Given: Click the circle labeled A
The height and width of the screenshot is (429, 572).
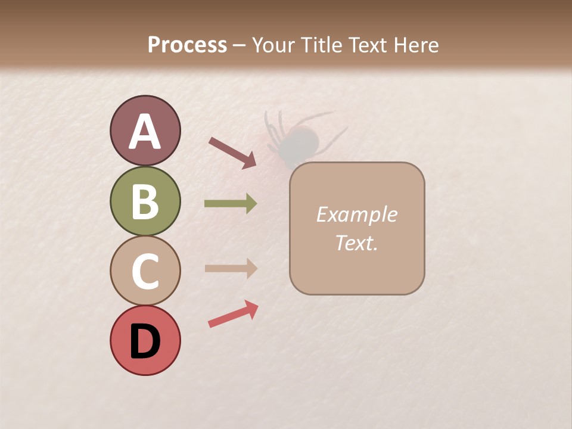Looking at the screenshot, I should click(x=145, y=131).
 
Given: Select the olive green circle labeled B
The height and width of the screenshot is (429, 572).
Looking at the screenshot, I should click(x=145, y=201).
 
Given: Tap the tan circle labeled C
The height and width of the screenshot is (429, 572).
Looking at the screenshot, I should click(x=145, y=271).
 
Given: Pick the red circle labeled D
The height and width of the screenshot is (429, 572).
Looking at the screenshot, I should click(x=145, y=340).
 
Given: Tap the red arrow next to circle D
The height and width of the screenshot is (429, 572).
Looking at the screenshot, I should click(x=233, y=314).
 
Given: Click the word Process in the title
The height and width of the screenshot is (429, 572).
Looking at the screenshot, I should click(x=187, y=45).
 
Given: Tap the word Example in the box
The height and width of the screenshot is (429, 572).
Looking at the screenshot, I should click(x=356, y=214).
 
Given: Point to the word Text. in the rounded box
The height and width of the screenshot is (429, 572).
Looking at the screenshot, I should click(x=356, y=243).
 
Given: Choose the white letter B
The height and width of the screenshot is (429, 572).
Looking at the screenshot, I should click(x=145, y=201).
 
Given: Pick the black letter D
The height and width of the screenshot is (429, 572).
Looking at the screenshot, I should click(x=145, y=341).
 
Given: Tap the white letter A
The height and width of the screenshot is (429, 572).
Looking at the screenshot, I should click(x=145, y=132).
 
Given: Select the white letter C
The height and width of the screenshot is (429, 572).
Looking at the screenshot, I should click(x=145, y=271).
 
